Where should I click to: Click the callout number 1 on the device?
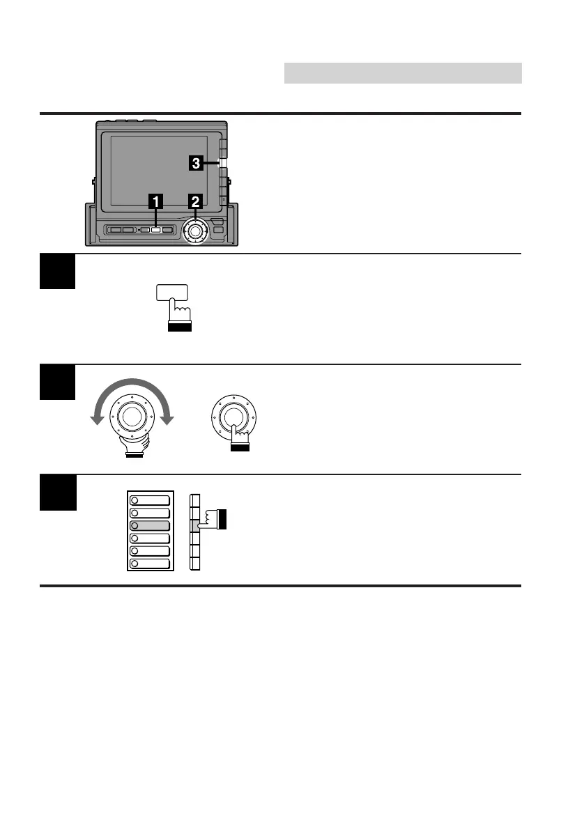tap(156, 202)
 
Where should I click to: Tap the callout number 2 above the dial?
tap(196, 202)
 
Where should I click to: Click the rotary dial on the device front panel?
tap(196, 230)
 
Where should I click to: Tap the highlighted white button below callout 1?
tap(156, 229)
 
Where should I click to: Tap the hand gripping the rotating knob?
tap(134, 447)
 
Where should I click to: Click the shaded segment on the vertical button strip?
tap(195, 525)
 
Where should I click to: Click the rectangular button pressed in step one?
tap(173, 294)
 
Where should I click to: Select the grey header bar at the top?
tap(403, 72)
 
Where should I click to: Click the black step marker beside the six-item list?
tap(58, 493)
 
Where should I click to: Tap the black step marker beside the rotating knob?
tap(58, 382)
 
